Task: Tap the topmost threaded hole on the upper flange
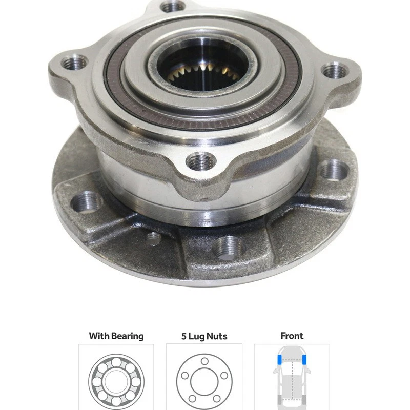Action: click(173, 7)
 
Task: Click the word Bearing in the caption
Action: click(128, 336)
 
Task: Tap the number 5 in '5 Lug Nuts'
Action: click(184, 336)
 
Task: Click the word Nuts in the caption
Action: click(217, 336)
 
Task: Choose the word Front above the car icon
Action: click(292, 336)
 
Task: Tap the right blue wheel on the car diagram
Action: click(306, 360)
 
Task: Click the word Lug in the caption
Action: click(197, 337)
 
